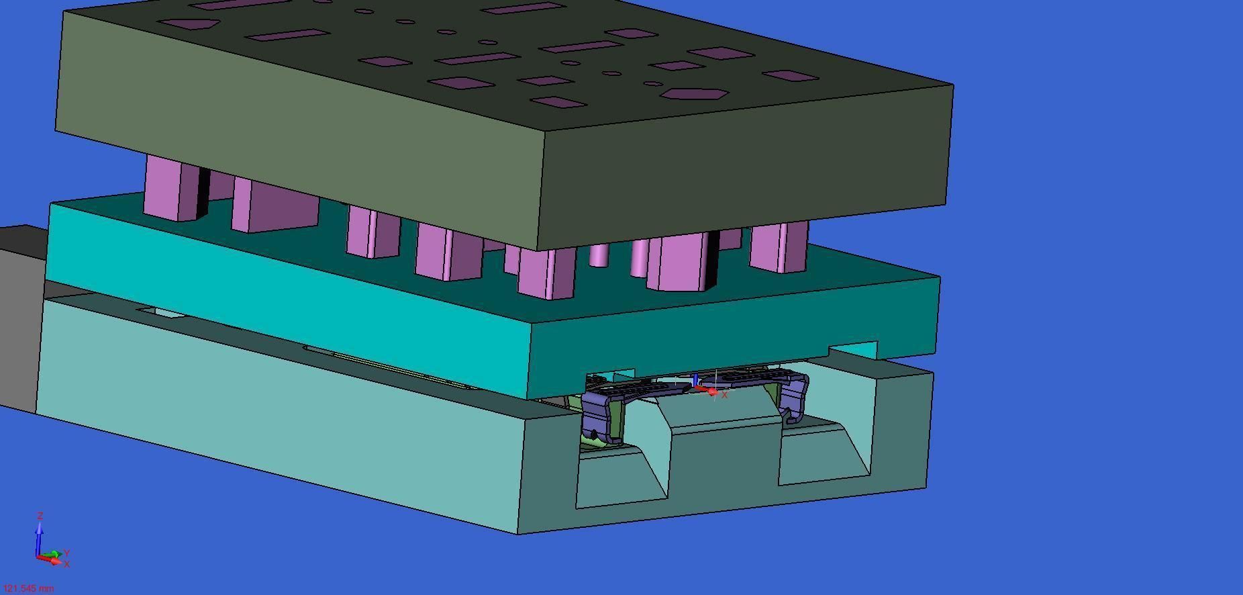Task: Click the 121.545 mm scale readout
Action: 28,588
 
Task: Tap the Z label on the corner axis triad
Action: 40,516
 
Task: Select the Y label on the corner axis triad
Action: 67,553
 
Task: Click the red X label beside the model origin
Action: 724,395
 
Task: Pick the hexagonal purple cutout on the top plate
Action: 694,94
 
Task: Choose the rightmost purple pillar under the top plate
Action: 779,247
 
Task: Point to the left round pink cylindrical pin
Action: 598,255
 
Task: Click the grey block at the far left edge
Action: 19,316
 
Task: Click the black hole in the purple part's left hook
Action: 593,434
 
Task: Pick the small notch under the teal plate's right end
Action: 852,350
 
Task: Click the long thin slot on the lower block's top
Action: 389,368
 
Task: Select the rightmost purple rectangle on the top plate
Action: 791,76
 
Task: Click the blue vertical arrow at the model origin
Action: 695,380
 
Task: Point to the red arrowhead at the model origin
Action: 712,391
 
